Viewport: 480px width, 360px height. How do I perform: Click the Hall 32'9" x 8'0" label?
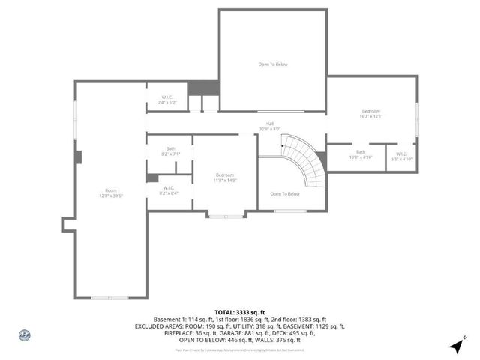269,127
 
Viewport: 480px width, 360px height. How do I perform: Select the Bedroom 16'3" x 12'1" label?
371,114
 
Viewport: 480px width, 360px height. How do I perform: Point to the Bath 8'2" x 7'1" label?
171,151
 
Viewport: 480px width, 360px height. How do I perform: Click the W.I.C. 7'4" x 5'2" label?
168,99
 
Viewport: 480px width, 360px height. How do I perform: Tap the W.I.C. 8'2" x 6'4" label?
167,190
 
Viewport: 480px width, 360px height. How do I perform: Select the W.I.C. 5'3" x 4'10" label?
401,157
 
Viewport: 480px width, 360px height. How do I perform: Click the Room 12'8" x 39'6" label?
111,193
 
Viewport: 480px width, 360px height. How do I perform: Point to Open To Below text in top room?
273,64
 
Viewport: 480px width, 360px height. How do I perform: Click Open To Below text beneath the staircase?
285,194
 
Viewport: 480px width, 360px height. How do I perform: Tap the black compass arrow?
456,346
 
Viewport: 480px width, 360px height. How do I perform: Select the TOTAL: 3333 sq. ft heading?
239,311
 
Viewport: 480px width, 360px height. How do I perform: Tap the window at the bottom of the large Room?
109,298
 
